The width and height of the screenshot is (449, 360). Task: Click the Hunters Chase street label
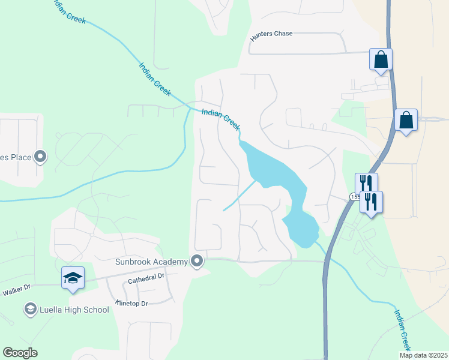pyautogui.click(x=271, y=34)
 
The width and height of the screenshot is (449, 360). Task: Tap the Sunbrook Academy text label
pyautogui.click(x=152, y=262)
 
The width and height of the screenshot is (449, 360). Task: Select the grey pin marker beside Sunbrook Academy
pyautogui.click(x=197, y=261)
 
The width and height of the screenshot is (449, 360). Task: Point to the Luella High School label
pyautogui.click(x=74, y=310)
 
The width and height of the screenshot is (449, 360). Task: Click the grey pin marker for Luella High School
pyautogui.click(x=30, y=309)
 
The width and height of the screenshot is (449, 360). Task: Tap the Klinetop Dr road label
pyautogui.click(x=131, y=304)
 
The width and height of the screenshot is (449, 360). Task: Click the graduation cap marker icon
pyautogui.click(x=73, y=278)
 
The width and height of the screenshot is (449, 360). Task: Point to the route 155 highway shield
pyautogui.click(x=355, y=197)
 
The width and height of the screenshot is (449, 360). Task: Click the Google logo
pyautogui.click(x=20, y=353)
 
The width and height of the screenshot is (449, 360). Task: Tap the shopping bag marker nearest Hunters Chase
pyautogui.click(x=381, y=59)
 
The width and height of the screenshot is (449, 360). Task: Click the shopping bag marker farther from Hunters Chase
pyautogui.click(x=406, y=120)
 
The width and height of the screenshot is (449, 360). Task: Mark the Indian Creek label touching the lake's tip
pyautogui.click(x=221, y=120)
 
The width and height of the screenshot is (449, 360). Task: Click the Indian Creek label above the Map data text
pyautogui.click(x=402, y=330)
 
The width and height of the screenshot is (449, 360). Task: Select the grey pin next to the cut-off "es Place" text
pyautogui.click(x=41, y=157)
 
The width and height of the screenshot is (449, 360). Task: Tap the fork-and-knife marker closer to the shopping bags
pyautogui.click(x=366, y=183)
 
